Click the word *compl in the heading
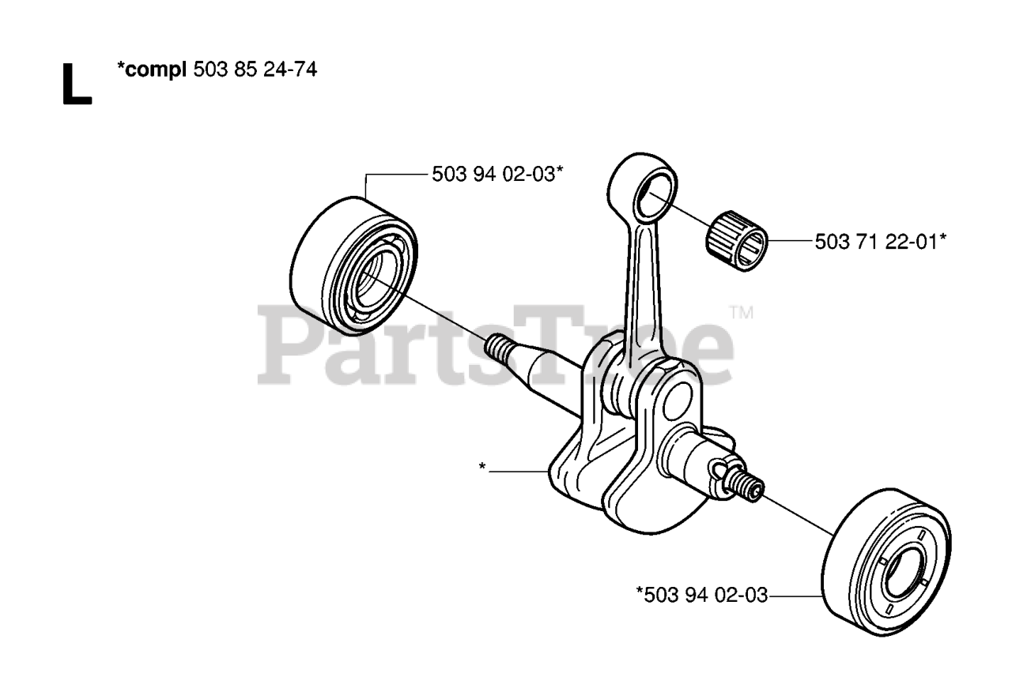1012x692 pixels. pyautogui.click(x=150, y=70)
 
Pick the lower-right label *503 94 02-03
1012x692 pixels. pyautogui.click(x=701, y=595)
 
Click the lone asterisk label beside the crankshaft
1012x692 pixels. pyautogui.click(x=482, y=467)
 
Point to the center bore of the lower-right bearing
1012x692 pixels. pyautogui.click(x=901, y=577)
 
